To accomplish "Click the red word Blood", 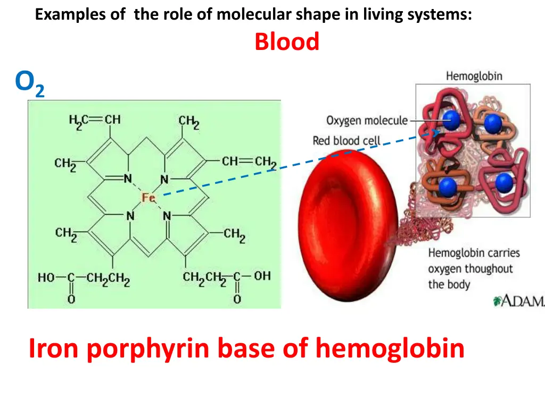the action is (287, 42).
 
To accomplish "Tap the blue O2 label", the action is (29, 84).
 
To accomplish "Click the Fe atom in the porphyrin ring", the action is (148, 198).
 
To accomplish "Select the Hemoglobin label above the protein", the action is (474, 76).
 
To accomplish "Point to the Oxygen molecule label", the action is (367, 121).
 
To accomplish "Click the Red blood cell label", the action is (346, 141).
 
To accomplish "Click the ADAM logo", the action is (519, 301).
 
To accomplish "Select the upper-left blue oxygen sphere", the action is (451, 120).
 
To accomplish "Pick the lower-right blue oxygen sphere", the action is (503, 183).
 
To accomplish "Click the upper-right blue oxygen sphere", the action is (493, 124).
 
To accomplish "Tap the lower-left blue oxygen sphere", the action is (448, 186).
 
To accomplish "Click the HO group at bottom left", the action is (46, 277).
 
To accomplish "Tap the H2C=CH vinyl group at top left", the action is (95, 120).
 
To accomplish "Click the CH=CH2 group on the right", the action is (249, 160).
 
